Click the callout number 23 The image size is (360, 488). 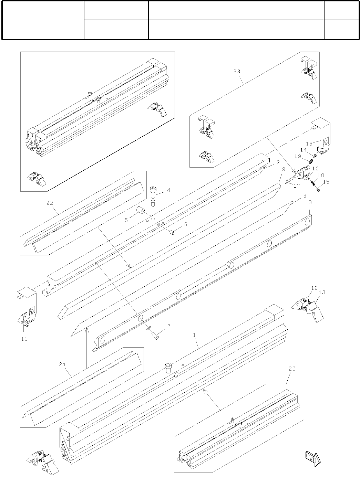[x=236, y=72]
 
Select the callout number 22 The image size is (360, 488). [x=50, y=203]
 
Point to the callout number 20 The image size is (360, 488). [x=292, y=369]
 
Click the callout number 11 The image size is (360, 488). [x=24, y=339]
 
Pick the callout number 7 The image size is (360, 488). [x=168, y=326]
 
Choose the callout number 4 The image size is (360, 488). [x=168, y=190]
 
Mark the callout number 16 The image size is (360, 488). [x=309, y=144]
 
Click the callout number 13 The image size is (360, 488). [x=322, y=293]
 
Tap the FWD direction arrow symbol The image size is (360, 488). [x=312, y=457]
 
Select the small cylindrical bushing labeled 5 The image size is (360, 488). [x=140, y=210]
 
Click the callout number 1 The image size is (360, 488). [x=194, y=335]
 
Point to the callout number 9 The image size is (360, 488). [x=283, y=169]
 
